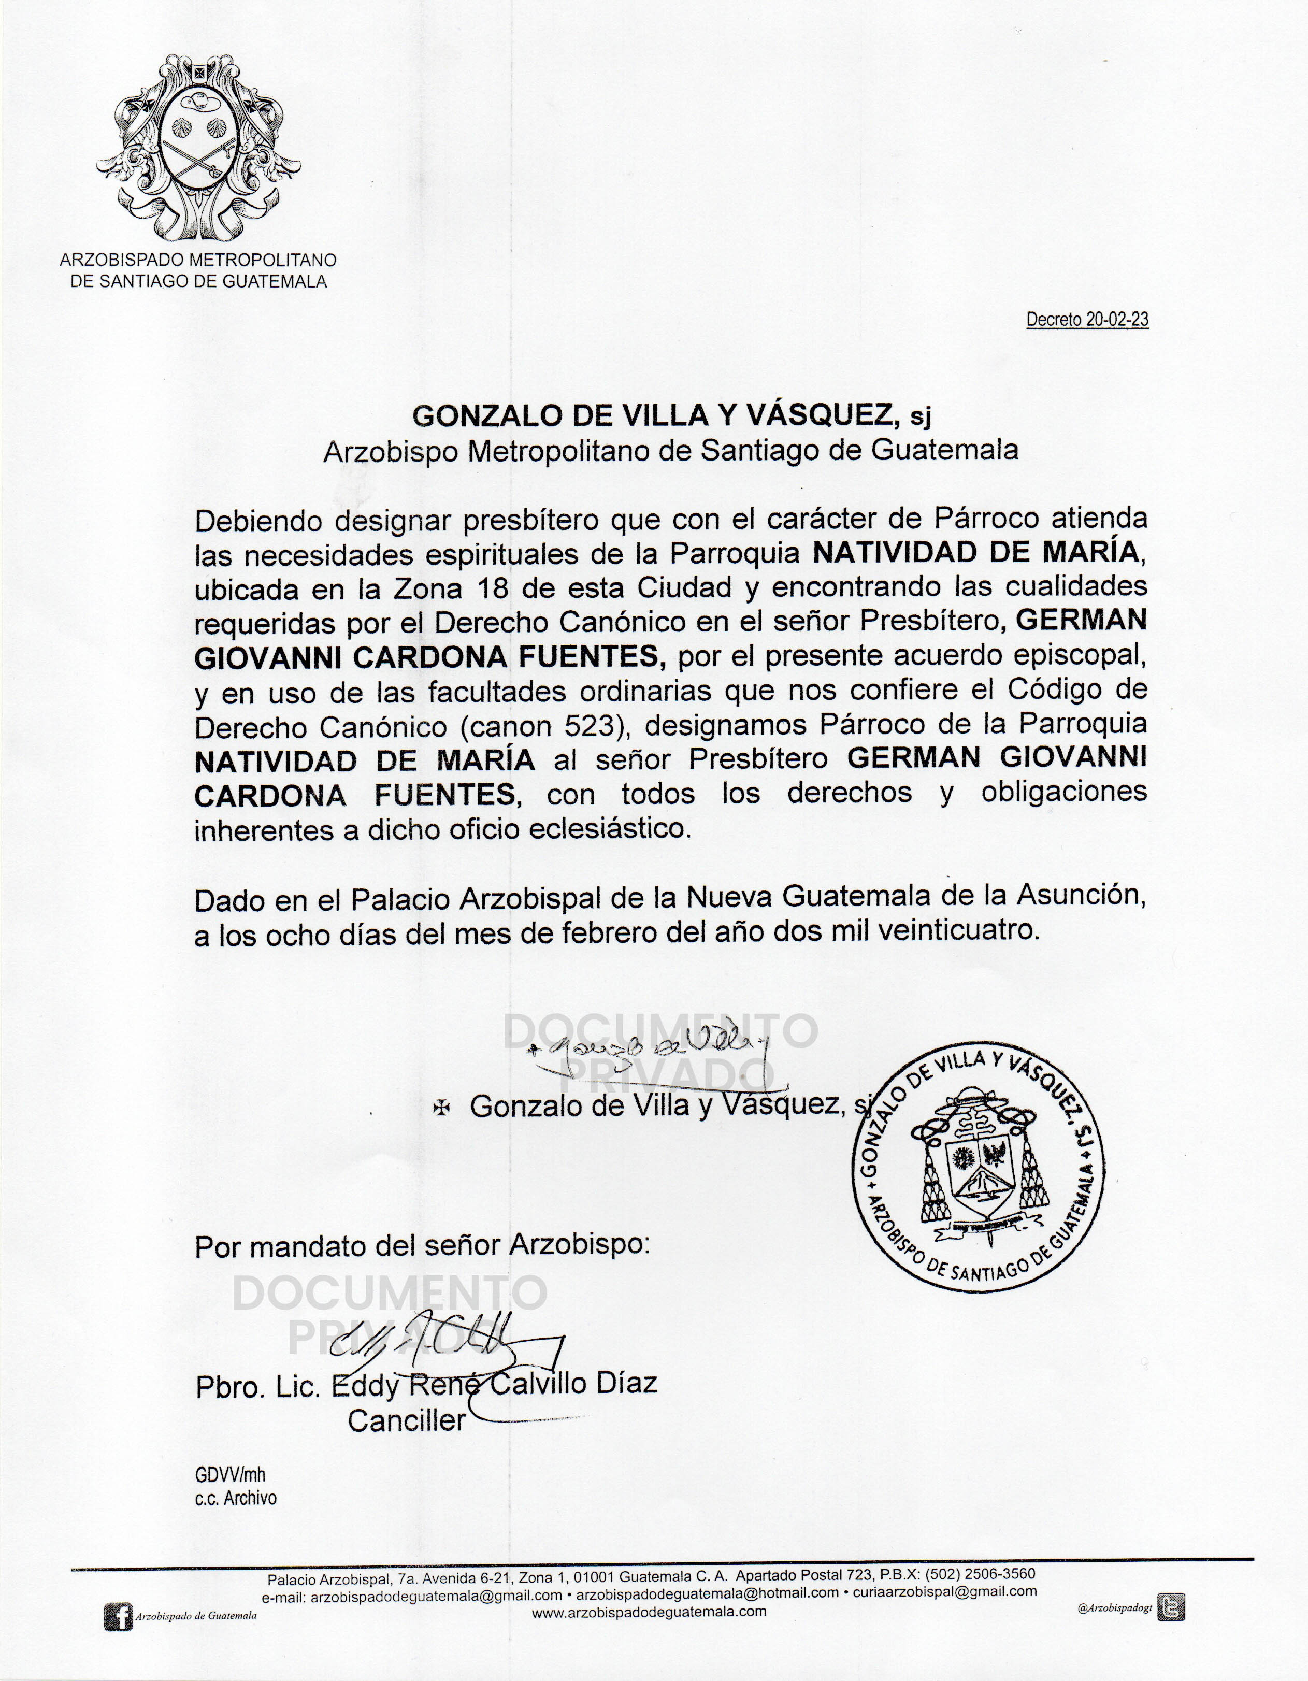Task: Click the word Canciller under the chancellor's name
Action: coord(407,1420)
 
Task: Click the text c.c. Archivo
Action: coord(236,1499)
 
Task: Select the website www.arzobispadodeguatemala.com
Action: coord(649,1611)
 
